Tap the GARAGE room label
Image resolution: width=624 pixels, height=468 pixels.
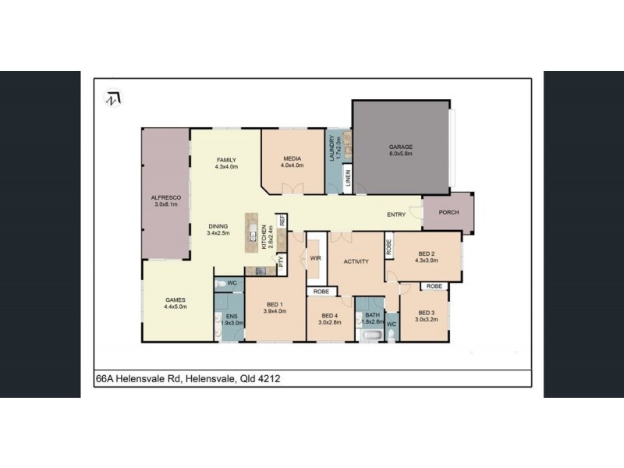(x=401, y=147)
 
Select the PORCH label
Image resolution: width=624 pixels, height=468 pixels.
(x=448, y=213)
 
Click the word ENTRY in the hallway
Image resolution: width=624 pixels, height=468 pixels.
(x=397, y=214)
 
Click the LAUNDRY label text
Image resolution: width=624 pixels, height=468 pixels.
(x=332, y=148)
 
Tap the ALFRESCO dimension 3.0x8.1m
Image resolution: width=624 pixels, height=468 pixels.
(x=165, y=206)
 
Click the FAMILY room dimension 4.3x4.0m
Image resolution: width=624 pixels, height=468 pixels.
(x=225, y=166)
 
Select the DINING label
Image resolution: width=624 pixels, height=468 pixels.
(x=218, y=225)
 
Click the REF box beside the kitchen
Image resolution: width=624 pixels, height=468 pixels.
(x=282, y=221)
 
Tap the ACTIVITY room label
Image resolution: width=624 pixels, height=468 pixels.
(x=355, y=262)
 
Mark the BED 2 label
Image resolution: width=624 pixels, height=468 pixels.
(x=427, y=253)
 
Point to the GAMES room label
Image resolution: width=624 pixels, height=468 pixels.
(x=173, y=300)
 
